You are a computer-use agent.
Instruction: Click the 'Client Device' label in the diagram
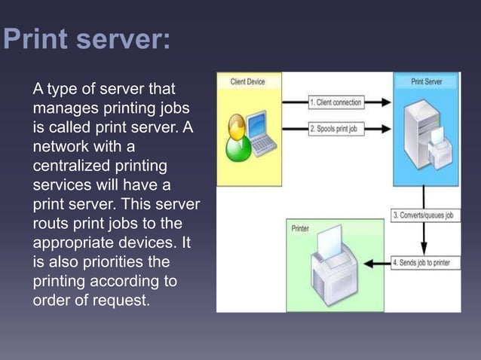(x=247, y=81)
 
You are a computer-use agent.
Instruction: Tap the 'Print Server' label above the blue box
(x=427, y=81)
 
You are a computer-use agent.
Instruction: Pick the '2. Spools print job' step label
(x=332, y=129)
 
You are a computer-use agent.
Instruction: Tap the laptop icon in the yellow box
(x=259, y=130)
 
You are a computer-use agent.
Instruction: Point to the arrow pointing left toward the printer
(x=377, y=264)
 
